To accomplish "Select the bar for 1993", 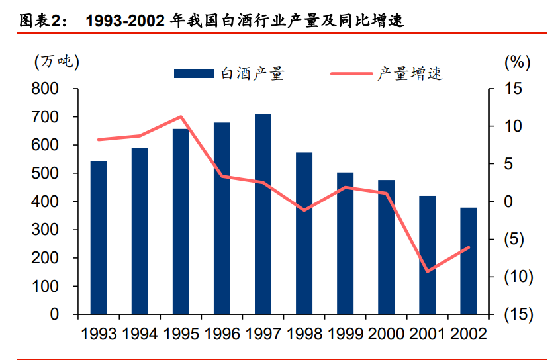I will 99,238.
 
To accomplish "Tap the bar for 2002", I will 468,261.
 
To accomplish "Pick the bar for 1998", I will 304,233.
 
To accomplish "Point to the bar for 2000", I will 386,247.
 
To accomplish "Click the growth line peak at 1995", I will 181,117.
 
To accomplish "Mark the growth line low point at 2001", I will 427,271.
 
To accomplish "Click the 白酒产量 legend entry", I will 228,73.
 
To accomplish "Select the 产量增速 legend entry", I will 387,73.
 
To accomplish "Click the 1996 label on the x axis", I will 222,332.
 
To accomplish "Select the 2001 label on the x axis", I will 427,332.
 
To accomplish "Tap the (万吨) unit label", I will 56,62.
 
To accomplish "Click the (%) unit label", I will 517,62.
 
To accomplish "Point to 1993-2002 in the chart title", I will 125,21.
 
